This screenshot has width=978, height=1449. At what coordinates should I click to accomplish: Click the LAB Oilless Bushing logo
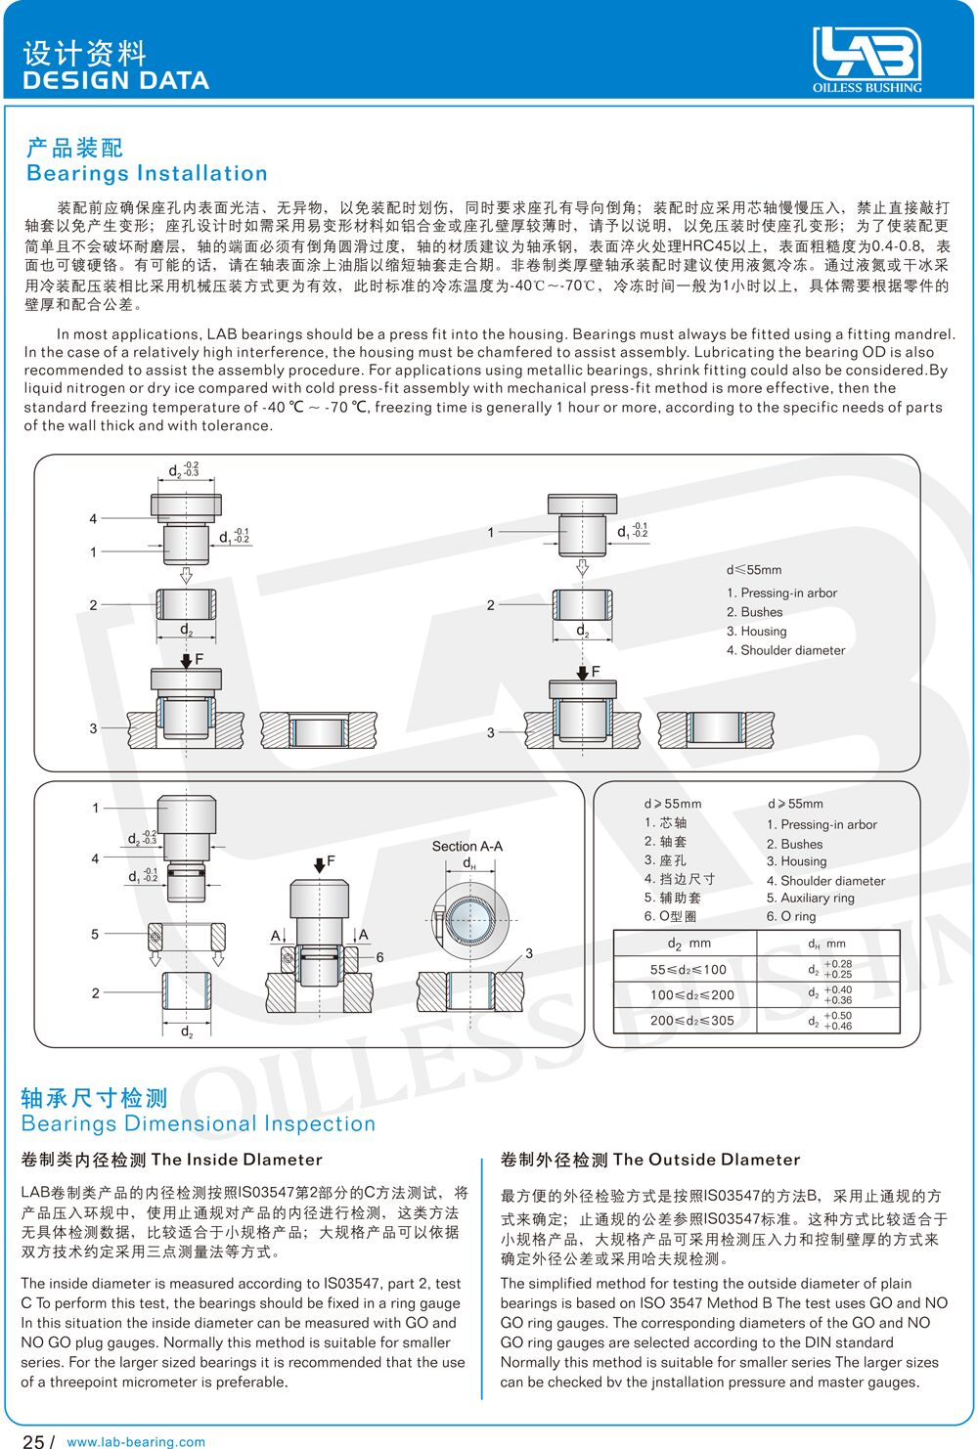[867, 59]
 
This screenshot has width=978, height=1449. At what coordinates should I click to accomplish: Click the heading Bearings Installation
[147, 174]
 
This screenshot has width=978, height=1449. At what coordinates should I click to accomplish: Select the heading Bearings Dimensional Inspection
[199, 1124]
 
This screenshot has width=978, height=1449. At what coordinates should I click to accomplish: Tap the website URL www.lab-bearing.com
[136, 1441]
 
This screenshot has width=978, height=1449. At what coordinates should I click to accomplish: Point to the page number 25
[33, 1441]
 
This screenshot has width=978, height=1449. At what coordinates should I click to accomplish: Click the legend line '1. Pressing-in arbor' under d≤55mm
[781, 593]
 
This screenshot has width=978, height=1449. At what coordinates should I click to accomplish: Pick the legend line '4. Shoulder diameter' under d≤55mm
[785, 650]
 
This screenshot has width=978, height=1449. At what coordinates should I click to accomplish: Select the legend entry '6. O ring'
[791, 916]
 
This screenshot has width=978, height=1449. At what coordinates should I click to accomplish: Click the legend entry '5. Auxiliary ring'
[810, 898]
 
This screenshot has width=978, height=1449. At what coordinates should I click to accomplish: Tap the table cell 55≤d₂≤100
[689, 970]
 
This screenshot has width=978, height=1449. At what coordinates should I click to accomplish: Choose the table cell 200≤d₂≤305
[692, 1020]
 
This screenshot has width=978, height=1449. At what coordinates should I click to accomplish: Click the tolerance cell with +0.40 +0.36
[829, 994]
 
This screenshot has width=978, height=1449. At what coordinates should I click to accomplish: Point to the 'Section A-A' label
[467, 846]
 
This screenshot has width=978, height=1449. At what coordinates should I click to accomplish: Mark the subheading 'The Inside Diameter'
[237, 1160]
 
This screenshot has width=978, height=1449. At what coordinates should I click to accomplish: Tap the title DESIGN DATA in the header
[115, 80]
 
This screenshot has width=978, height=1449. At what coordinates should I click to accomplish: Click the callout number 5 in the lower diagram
[95, 934]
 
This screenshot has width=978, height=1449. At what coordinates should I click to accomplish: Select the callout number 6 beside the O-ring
[380, 957]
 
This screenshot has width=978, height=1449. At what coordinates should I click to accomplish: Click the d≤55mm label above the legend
[754, 569]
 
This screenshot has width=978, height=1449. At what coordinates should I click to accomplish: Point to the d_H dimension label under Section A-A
[469, 864]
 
